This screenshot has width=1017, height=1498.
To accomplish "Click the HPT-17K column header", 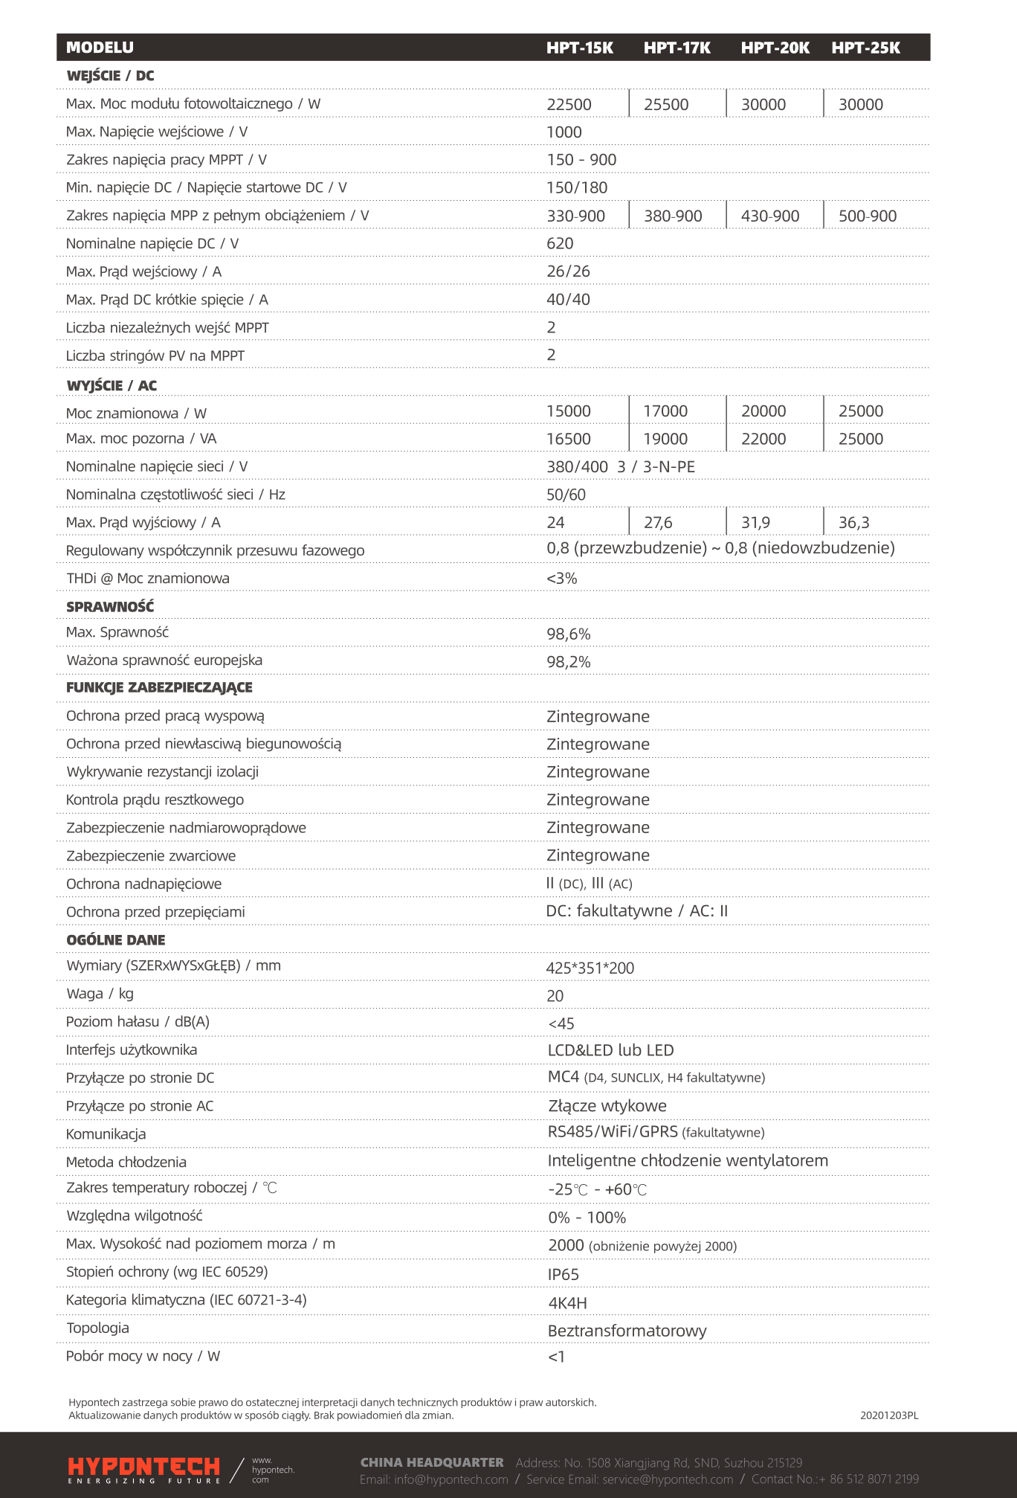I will (x=677, y=48).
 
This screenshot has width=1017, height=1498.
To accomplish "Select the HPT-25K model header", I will (x=865, y=48).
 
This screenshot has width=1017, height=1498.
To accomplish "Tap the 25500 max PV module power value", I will (x=666, y=105).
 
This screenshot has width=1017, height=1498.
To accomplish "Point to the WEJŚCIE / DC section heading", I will (x=110, y=76).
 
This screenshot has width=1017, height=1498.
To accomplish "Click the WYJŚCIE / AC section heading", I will (x=112, y=385).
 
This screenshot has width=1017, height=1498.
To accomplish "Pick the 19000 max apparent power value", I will (x=665, y=440).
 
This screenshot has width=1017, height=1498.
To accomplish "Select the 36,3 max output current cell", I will (x=853, y=523).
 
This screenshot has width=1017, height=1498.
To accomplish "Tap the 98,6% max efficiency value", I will (x=569, y=634).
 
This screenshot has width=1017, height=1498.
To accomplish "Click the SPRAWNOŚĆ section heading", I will (x=110, y=607).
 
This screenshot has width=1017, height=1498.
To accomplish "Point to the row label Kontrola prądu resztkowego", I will (x=155, y=800).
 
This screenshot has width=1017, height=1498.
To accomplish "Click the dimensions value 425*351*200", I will (x=590, y=968).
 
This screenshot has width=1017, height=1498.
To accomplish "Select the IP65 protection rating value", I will (x=564, y=1275).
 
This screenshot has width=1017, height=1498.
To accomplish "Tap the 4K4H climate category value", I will (x=567, y=1303).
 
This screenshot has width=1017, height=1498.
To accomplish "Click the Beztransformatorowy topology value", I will (x=627, y=1331).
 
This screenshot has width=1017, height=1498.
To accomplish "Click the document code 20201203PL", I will (x=889, y=1415).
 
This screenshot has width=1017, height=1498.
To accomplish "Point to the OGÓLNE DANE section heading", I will (x=115, y=940).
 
